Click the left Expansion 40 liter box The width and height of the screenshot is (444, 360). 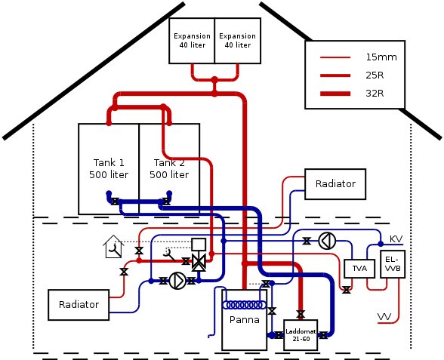[x=192, y=40]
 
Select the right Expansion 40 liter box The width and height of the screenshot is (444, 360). [x=237, y=40]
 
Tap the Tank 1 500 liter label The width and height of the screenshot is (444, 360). [x=109, y=169]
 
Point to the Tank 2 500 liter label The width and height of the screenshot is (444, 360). [x=169, y=169]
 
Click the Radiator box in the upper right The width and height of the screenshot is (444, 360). [x=335, y=183]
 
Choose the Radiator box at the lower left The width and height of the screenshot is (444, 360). [x=79, y=304]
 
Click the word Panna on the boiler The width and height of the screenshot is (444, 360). [x=244, y=319]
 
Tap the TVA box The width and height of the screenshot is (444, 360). [x=359, y=268]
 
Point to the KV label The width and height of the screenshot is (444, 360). [x=396, y=239]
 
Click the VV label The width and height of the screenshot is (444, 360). [x=384, y=315]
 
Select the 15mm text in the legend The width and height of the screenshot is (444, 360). [x=381, y=57]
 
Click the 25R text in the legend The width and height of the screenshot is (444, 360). [x=377, y=75]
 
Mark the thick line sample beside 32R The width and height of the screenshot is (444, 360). [x=335, y=94]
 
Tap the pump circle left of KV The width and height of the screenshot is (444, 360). [x=326, y=242]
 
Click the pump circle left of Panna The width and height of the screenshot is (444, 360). [x=177, y=281]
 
